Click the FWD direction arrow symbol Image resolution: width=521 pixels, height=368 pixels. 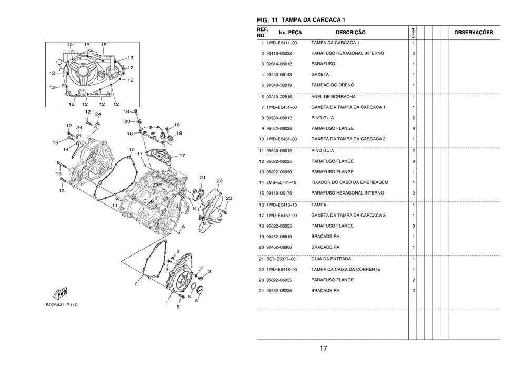(59, 293)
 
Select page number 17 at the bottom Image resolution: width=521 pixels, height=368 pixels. (323, 349)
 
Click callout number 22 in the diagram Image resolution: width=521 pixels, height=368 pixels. (219, 181)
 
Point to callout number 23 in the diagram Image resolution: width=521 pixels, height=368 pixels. (229, 198)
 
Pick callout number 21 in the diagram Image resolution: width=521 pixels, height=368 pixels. (203, 177)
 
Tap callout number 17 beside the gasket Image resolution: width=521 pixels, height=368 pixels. (182, 156)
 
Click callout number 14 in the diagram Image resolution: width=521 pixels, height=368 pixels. (66, 150)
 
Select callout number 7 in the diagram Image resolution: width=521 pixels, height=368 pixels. (135, 284)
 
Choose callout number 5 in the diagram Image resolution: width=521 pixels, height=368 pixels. (197, 301)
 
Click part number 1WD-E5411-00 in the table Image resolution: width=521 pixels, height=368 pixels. (282, 43)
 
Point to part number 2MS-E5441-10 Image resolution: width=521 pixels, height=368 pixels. (282, 182)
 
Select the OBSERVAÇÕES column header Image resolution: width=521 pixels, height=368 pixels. (473, 33)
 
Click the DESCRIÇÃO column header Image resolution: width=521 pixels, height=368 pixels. (350, 33)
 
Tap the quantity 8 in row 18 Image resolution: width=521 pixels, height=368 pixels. (413, 226)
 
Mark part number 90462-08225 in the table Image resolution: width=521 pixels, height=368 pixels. (282, 291)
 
